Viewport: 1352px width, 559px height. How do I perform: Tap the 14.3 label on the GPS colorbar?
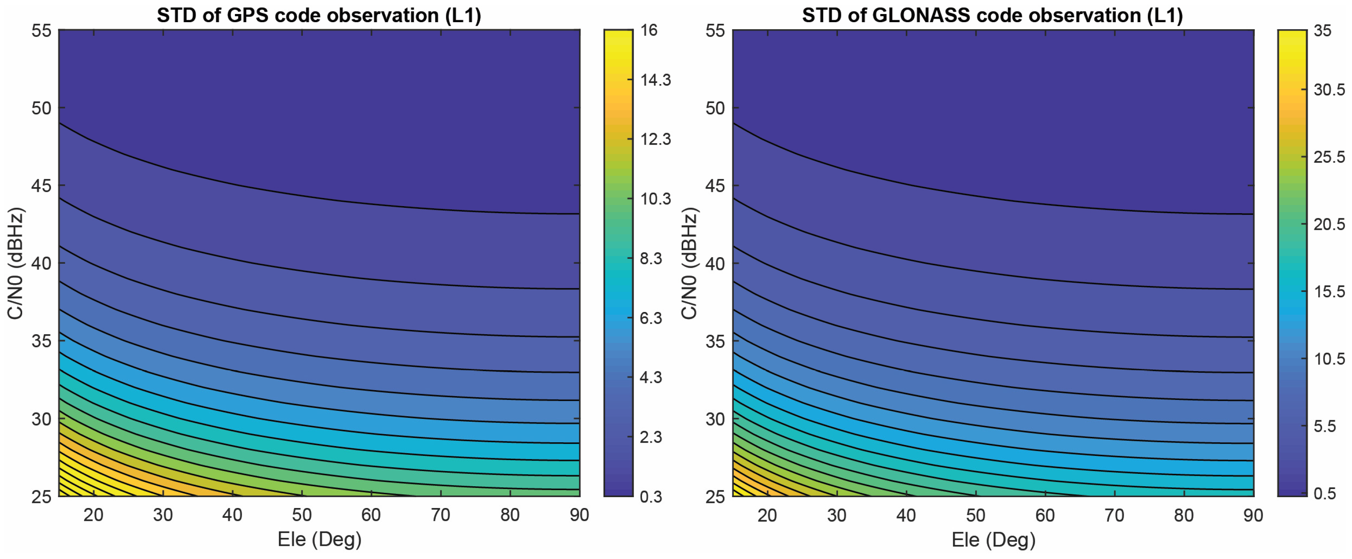(656, 80)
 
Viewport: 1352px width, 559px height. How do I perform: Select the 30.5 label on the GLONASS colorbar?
(1329, 90)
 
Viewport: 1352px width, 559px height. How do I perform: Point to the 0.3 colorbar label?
(651, 496)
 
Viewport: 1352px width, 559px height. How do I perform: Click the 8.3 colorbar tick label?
(651, 259)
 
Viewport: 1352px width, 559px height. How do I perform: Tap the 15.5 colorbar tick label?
(1329, 292)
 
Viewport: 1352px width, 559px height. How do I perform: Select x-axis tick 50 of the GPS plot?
(302, 515)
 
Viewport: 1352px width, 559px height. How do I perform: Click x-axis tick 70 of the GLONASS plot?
(1114, 515)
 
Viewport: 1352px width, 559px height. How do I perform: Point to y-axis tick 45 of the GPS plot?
(42, 186)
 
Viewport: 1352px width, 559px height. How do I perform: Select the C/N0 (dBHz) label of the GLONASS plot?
(689, 263)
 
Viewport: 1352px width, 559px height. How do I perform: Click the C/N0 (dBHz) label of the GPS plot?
(15, 263)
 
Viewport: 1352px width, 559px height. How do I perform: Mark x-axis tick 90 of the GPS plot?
(579, 515)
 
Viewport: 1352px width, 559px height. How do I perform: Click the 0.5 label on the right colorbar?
(1325, 493)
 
